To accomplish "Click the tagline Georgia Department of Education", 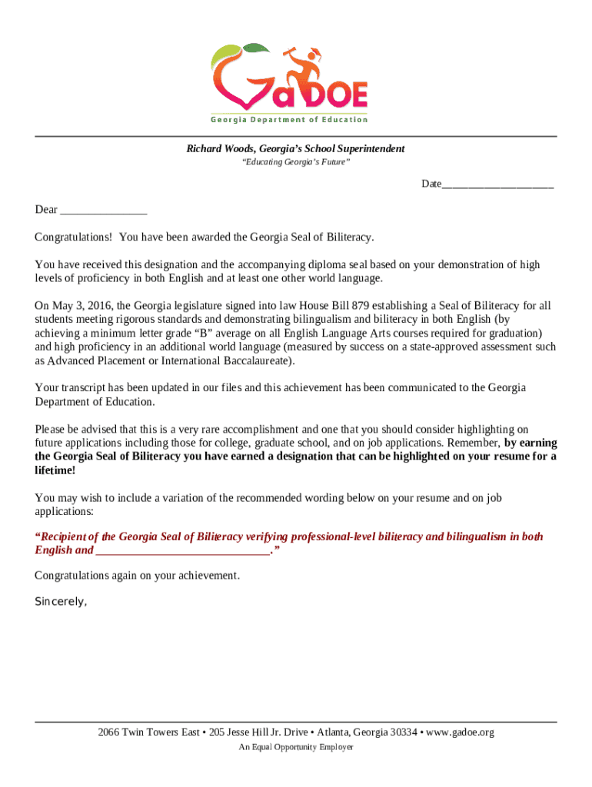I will [289, 120].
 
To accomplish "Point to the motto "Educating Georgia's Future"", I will [296, 163].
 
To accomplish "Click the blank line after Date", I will [497, 184].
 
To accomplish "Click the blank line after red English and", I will [183, 550].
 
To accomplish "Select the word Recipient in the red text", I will [65, 536].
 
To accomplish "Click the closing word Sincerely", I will [61, 602].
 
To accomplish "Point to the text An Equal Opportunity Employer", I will [296, 747].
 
